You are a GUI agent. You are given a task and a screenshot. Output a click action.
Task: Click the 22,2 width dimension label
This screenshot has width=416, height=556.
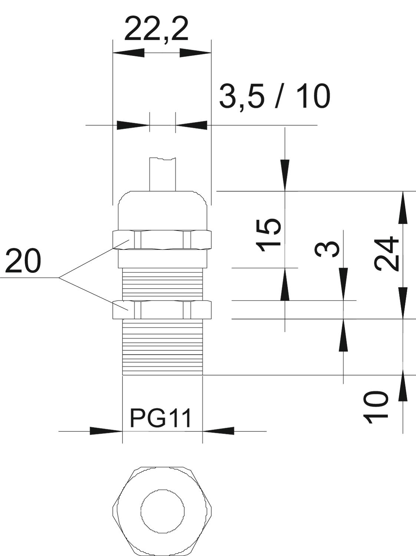156,30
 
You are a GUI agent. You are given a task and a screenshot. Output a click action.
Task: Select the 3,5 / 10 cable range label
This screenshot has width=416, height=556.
275,97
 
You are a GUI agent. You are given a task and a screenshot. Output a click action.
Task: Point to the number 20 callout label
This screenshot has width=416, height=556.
23,261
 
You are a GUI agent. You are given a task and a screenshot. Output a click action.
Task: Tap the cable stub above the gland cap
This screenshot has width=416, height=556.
163,174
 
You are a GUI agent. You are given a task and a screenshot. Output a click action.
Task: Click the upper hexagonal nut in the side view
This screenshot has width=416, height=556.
162,240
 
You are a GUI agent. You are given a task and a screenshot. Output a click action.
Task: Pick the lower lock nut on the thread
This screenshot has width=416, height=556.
162,310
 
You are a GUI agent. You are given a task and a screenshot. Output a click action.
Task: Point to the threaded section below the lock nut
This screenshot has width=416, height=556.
162,347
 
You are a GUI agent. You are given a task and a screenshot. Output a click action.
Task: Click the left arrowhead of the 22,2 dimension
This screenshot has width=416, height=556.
128,53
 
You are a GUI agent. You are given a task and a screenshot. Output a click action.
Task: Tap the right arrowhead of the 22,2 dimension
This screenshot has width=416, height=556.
195,53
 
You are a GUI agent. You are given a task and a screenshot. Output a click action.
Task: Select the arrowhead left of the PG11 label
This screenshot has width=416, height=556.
106,431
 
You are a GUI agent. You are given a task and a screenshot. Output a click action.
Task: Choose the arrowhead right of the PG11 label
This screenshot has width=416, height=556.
218,431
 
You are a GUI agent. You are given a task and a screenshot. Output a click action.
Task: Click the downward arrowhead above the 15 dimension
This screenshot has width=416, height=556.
285,175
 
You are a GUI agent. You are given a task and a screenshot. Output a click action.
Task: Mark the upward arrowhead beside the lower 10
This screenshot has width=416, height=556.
403,391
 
